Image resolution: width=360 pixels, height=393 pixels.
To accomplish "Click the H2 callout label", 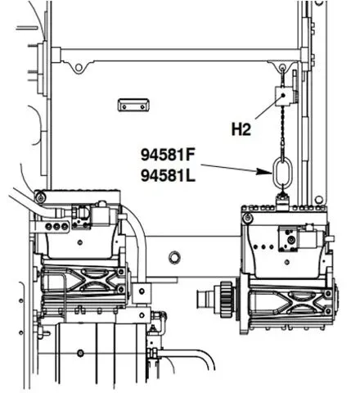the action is (241, 129).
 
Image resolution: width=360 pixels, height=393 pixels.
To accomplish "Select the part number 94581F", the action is (168, 155).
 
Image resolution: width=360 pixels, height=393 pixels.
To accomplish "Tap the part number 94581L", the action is (168, 175).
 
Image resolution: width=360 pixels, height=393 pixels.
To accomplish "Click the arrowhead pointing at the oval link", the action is (264, 171).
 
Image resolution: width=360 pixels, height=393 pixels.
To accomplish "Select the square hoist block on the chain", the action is (283, 96).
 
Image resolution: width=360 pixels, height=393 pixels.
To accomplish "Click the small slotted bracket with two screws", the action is (133, 106).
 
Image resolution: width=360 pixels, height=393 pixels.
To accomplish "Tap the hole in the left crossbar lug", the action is (79, 67).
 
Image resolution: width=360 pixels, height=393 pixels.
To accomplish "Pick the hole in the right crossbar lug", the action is (283, 66).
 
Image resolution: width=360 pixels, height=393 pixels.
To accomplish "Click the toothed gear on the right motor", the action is (227, 300).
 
